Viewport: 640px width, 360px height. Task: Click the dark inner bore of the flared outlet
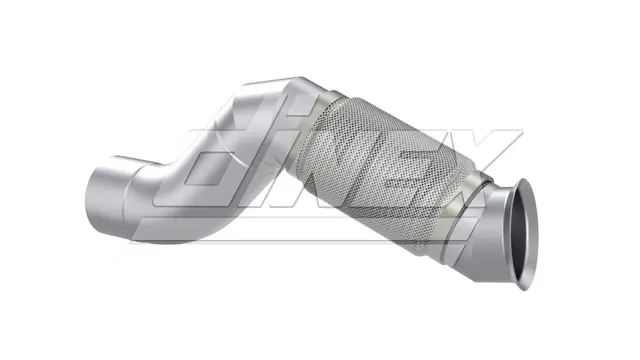pyautogui.click(x=523, y=235)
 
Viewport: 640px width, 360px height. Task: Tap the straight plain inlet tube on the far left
pyautogui.click(x=106, y=200)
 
